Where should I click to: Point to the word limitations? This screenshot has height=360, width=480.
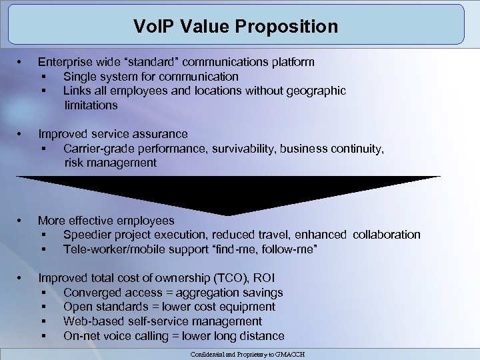[x=91, y=105]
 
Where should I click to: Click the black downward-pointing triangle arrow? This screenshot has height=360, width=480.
[x=229, y=194]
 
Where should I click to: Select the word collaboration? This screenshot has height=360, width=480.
[x=387, y=235]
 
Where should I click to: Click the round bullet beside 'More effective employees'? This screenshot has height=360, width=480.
[x=21, y=221]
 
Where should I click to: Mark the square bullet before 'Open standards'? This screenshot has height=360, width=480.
[x=43, y=307]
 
